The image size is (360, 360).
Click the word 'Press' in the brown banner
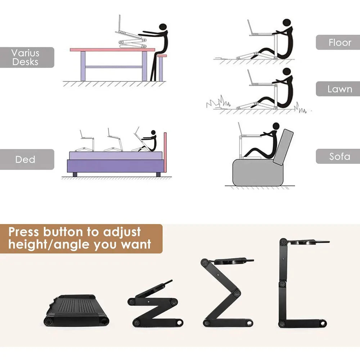coord(24,231)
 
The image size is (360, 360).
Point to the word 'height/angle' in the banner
coord(49,245)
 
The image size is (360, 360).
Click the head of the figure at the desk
coord(163,27)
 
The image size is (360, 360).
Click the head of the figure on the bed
coord(154,133)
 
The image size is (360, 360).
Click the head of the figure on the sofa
coord(276,126)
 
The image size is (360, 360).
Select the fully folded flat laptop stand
coord(76,310)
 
